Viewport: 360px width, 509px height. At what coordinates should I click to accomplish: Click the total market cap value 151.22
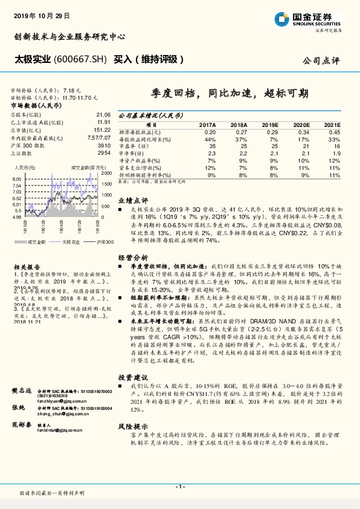tap(102, 129)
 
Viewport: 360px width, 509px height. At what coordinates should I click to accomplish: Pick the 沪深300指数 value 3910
tap(104, 146)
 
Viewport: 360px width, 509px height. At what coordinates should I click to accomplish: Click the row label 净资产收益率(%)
tap(138, 160)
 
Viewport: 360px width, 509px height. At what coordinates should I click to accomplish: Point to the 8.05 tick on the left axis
tap(16, 180)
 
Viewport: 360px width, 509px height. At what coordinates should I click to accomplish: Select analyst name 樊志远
tap(22, 392)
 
